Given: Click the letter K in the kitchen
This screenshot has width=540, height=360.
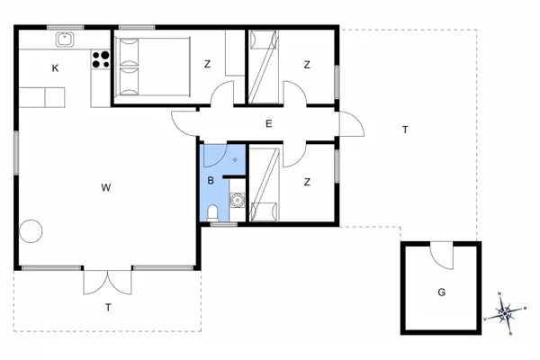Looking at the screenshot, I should click(x=55, y=68).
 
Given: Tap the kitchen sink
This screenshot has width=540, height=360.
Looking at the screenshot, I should click(x=65, y=40).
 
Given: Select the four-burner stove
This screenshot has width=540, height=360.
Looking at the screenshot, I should click(x=101, y=60).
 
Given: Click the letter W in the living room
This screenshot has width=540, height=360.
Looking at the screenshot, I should click(x=105, y=187).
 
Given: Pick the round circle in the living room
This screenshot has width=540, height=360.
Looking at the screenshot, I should click(x=31, y=230).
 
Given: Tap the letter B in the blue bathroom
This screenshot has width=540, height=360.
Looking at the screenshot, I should click(x=211, y=181).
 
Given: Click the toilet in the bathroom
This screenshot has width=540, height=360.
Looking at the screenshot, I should click(x=212, y=213).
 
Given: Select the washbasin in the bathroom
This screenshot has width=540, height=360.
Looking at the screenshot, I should click(x=238, y=201).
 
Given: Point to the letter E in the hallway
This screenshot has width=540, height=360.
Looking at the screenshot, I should click(x=268, y=124).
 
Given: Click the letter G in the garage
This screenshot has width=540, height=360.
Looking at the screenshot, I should click(x=441, y=292).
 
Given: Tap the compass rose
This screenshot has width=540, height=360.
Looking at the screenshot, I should click(x=505, y=313).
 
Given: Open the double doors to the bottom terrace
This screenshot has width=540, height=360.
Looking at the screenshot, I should click(x=108, y=280).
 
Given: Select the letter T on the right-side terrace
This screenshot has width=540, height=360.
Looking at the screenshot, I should click(x=405, y=130).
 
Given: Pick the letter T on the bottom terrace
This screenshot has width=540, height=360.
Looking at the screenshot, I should click(x=108, y=308).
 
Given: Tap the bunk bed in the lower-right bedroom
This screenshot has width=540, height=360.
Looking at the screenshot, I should click(x=263, y=184).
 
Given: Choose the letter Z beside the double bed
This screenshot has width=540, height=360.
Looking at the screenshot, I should click(x=207, y=64).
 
